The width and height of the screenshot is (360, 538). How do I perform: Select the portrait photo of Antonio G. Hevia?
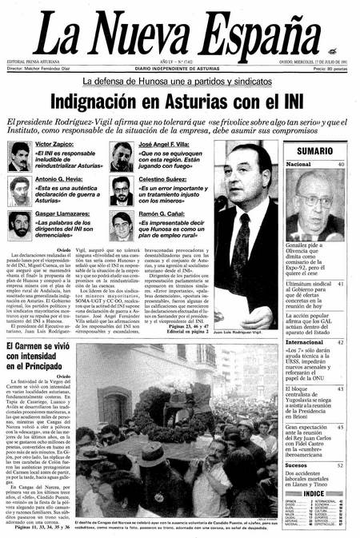pyautogui.click(x=20, y=189)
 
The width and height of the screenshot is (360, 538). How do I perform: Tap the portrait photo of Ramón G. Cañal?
pyautogui.click(x=122, y=225)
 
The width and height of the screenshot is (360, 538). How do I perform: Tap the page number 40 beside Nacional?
pyautogui.click(x=341, y=164)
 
